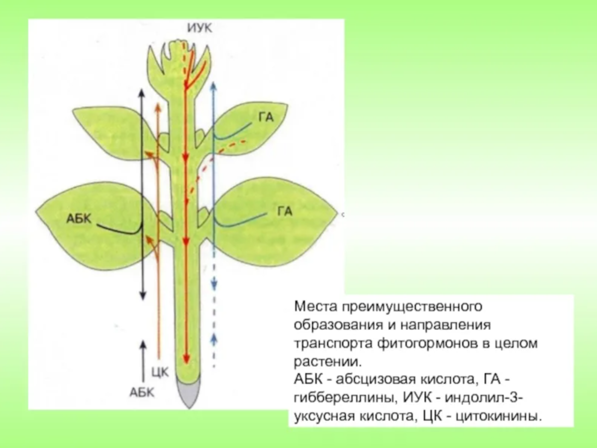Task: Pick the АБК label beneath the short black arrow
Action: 142,392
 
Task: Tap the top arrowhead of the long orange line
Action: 159,106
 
